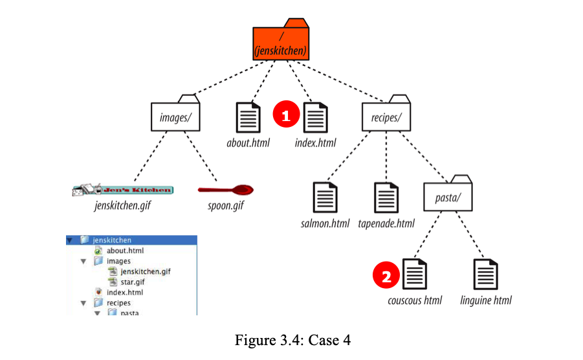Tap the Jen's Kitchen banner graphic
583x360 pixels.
pyautogui.click(x=122, y=190)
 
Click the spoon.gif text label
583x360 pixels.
pyautogui.click(x=225, y=207)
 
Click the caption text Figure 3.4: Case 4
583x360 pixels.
pyautogui.click(x=291, y=339)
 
